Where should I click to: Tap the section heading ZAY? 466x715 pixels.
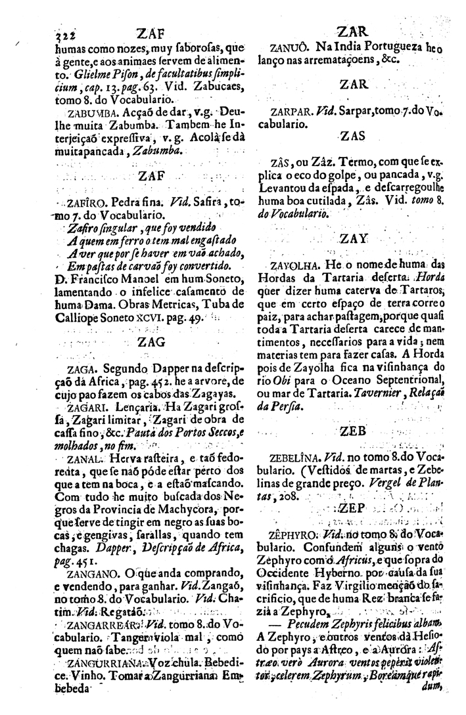point(354,240)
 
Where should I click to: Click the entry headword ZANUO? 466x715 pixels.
point(290,48)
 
